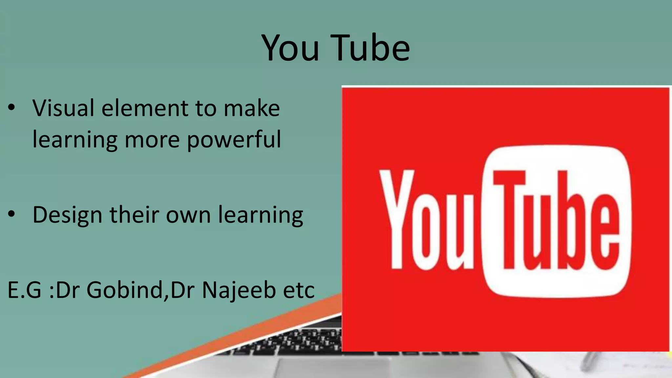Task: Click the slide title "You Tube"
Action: coord(336,48)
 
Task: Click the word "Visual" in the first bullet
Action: coord(63,108)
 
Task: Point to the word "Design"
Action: coord(67,215)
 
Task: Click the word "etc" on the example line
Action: coord(299,290)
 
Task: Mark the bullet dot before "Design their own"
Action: coord(12,214)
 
